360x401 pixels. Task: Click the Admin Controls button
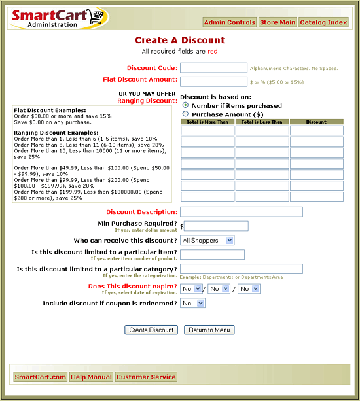(x=230, y=22)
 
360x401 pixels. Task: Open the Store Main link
(x=278, y=22)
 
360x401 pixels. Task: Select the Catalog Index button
(x=324, y=22)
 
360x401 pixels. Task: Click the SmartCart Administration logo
(x=60, y=18)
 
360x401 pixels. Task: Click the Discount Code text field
(x=213, y=67)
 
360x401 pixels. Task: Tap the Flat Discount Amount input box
(x=213, y=81)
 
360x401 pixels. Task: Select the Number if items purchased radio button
(x=186, y=105)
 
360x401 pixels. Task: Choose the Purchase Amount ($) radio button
(x=186, y=113)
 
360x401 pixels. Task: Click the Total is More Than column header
(x=207, y=122)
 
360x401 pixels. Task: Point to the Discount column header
(x=316, y=122)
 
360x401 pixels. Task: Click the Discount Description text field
(x=241, y=212)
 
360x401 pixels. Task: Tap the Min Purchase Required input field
(x=217, y=226)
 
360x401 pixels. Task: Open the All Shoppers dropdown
(x=207, y=241)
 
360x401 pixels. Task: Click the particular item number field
(x=212, y=254)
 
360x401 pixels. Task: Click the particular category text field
(x=241, y=269)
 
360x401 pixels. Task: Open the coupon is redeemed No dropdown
(x=192, y=304)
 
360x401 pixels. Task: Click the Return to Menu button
(x=209, y=330)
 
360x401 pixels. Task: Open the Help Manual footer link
(x=91, y=377)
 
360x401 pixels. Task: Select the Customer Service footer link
(x=146, y=377)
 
